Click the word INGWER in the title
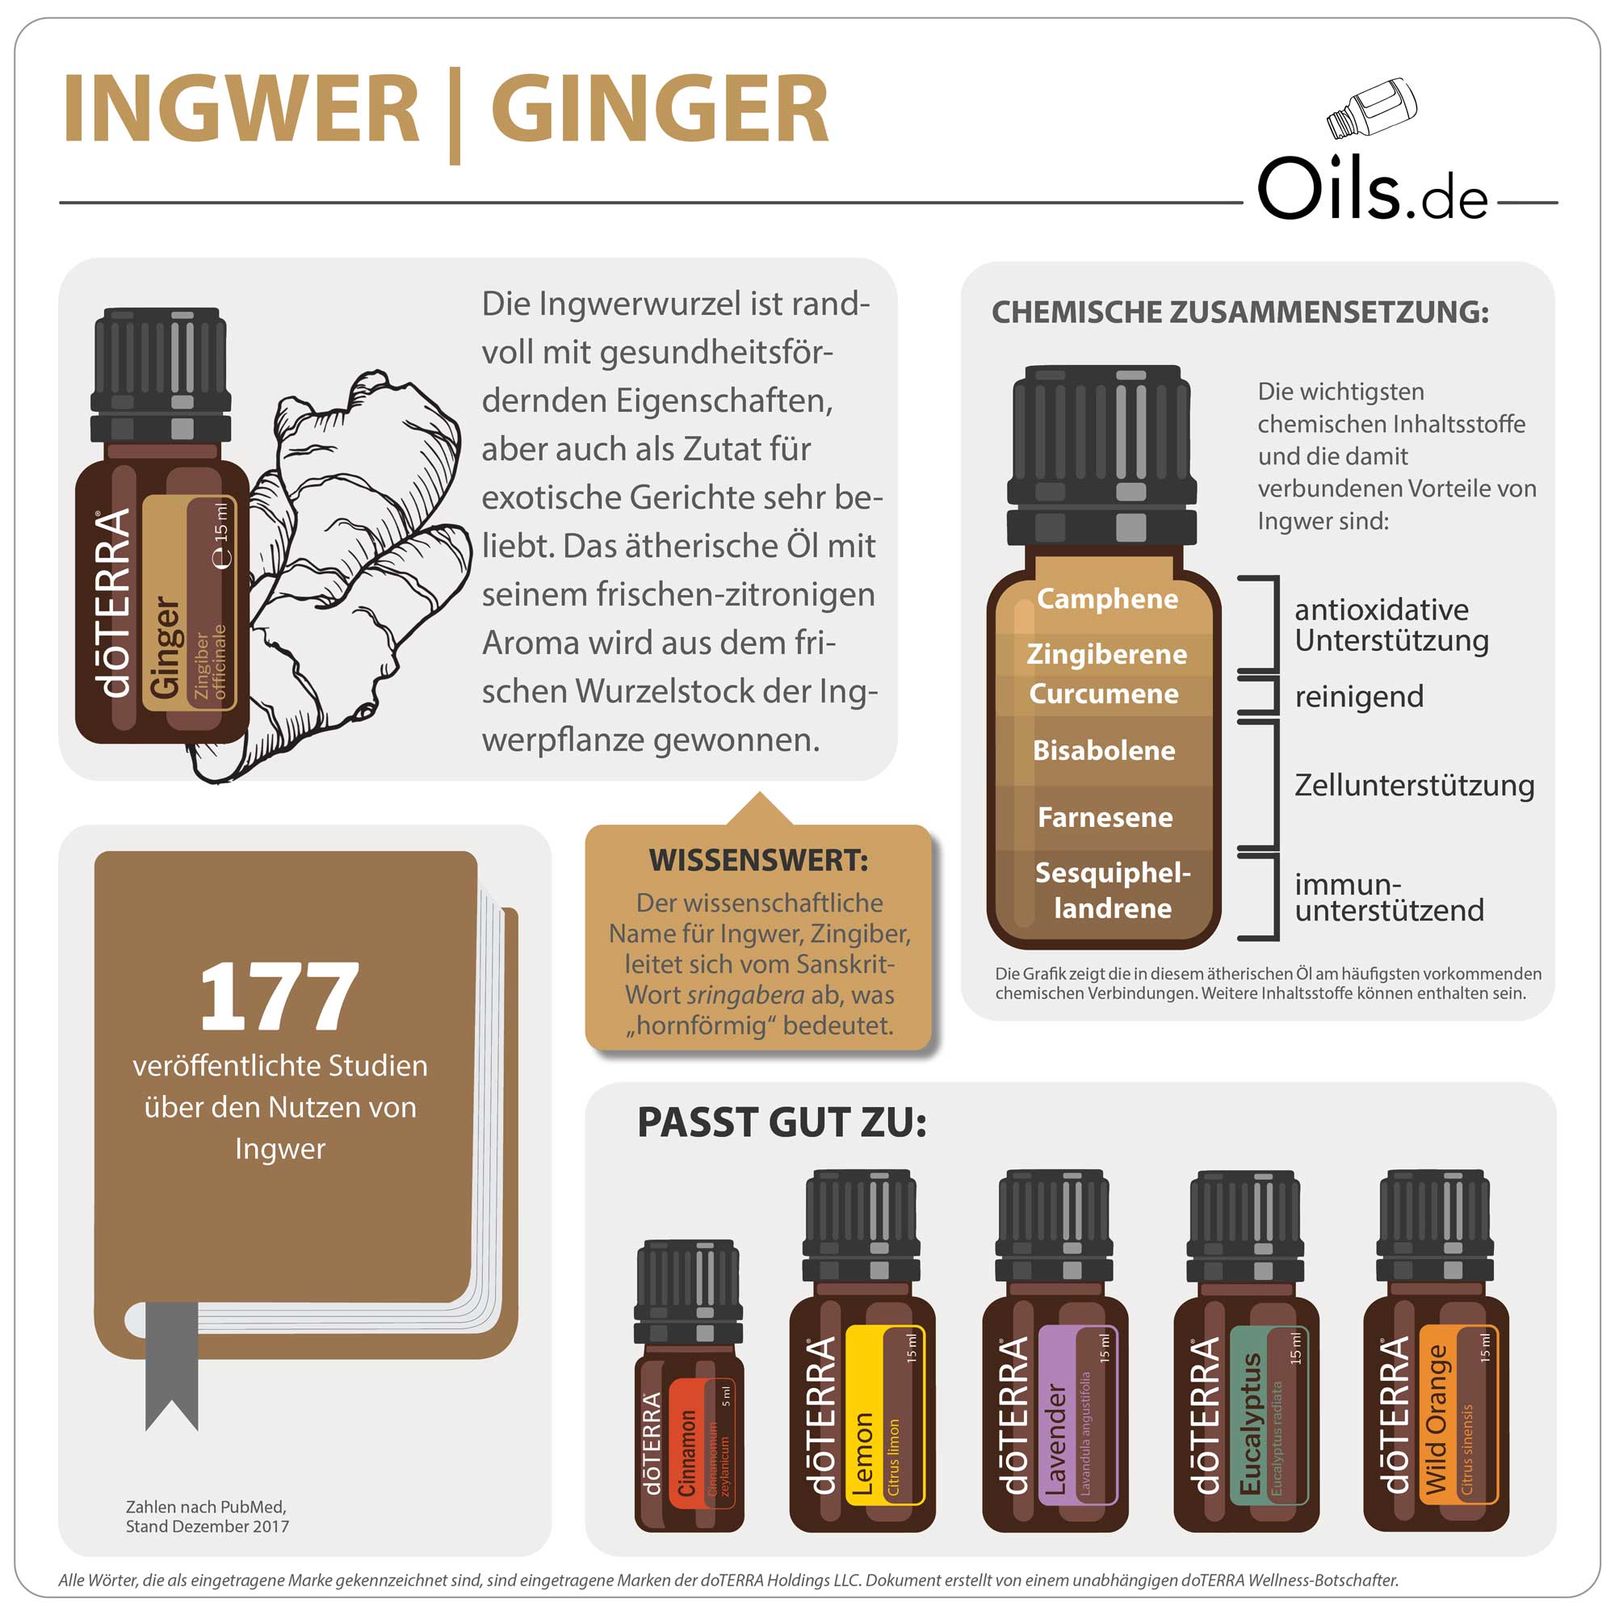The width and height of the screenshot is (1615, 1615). (241, 110)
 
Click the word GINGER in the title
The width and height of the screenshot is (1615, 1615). (660, 110)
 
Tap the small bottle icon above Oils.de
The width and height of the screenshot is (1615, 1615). (1372, 108)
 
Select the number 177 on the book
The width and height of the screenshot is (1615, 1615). (279, 996)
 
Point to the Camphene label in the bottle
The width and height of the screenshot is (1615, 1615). (1107, 598)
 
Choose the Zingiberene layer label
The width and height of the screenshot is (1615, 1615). (1107, 654)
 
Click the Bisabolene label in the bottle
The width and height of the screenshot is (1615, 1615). (1103, 750)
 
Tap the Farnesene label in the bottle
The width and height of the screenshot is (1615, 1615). (1104, 816)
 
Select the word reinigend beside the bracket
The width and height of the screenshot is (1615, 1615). (1358, 696)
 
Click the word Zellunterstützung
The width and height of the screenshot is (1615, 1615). (1414, 785)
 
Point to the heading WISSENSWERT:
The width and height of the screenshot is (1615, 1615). (758, 860)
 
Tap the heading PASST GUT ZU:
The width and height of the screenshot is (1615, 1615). (782, 1122)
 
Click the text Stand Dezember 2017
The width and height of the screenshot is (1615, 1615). (208, 1525)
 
